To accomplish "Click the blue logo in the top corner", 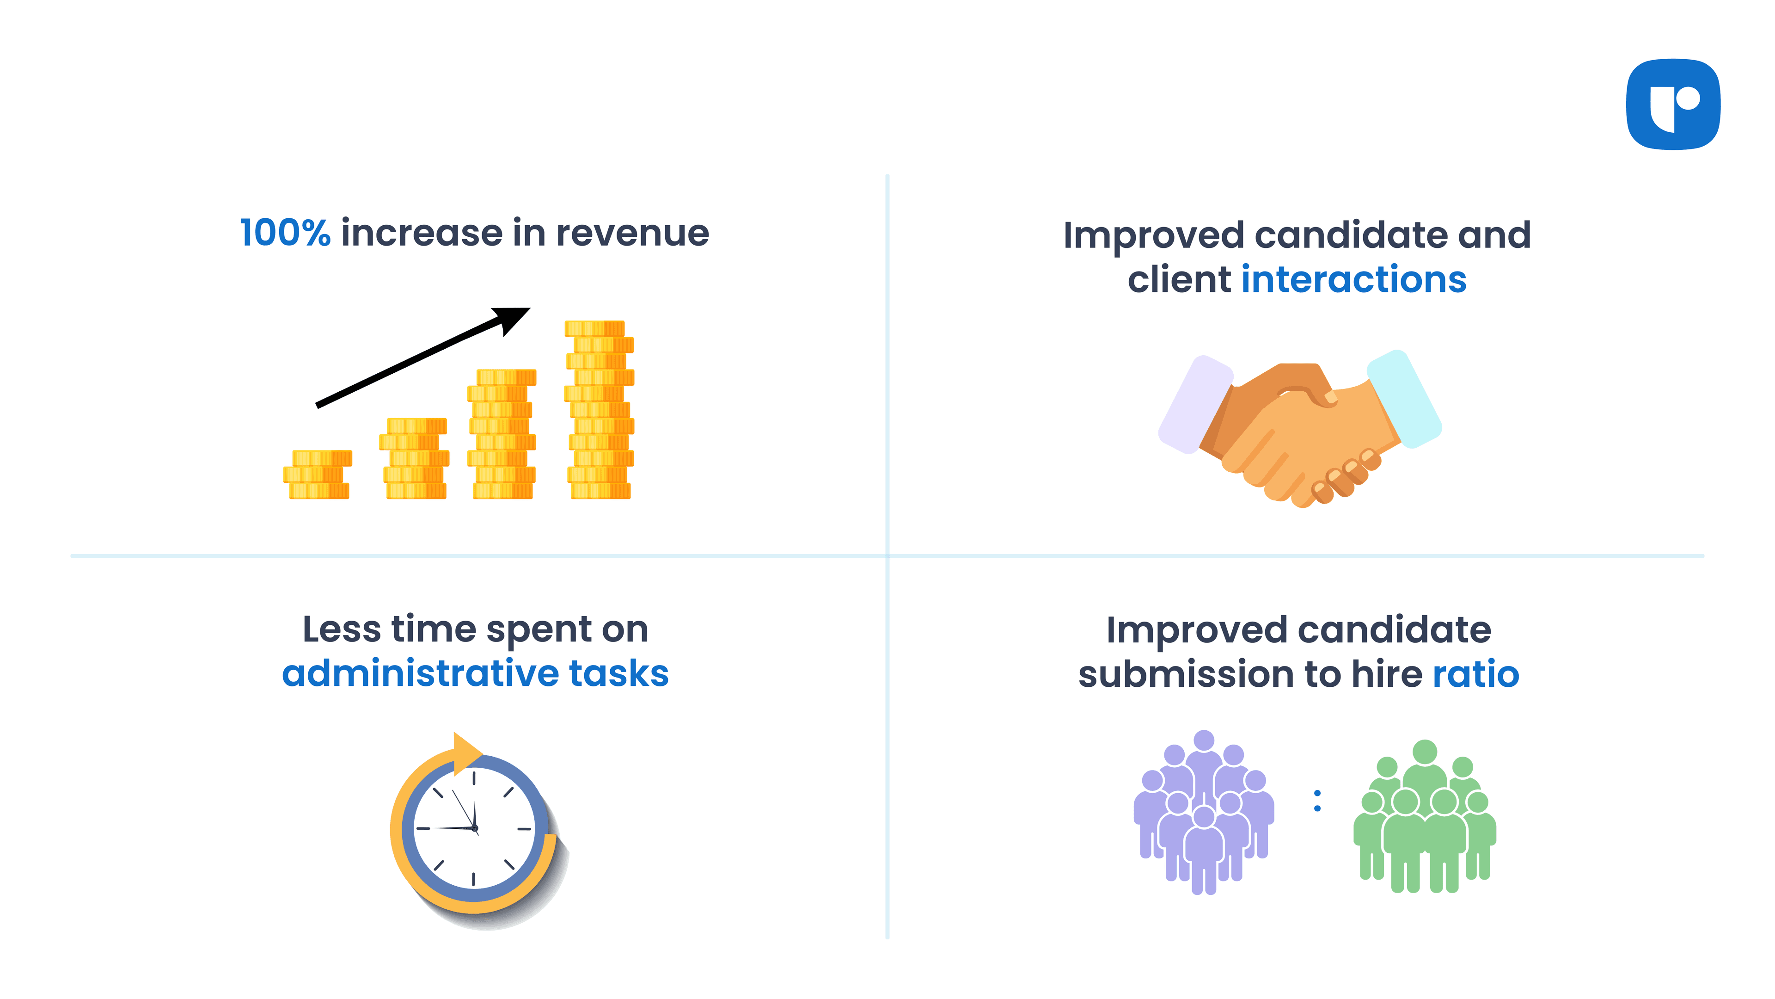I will click(1672, 104).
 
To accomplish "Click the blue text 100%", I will click(285, 233).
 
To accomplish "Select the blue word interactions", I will click(1353, 279).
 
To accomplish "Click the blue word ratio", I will click(1475, 673).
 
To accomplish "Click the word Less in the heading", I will click(341, 629).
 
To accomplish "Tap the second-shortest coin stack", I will click(415, 458).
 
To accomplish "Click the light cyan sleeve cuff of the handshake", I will click(1404, 399).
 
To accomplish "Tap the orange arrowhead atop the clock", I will click(466, 751).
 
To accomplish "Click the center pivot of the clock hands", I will click(475, 828).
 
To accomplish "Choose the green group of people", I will click(1424, 817).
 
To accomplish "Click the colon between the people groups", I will click(1317, 801).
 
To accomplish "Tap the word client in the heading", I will click(1178, 279).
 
